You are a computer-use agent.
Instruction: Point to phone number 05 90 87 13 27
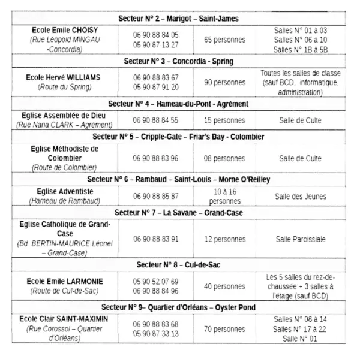[156, 45]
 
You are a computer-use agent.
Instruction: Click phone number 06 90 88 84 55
[156, 120]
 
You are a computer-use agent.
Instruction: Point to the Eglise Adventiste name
[65, 191]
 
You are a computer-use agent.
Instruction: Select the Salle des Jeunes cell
[300, 196]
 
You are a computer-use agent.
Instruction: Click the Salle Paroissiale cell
[300, 239]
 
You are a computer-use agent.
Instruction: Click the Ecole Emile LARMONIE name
[65, 281]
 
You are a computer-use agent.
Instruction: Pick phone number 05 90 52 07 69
[156, 281]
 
